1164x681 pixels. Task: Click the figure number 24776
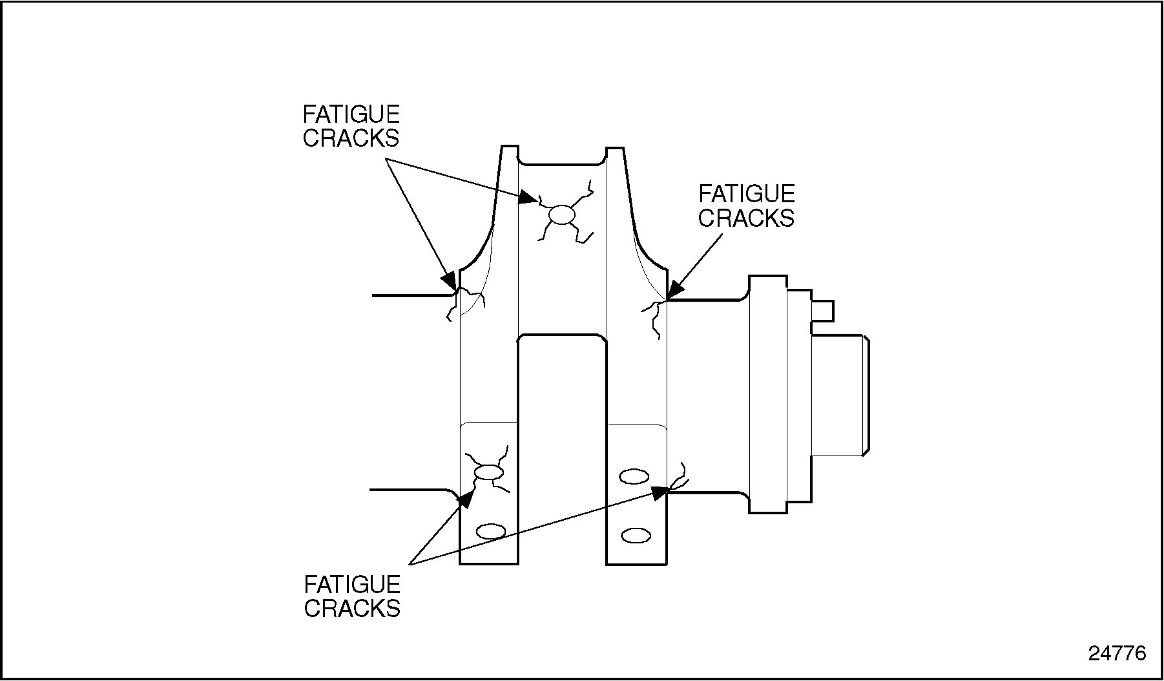pyautogui.click(x=1117, y=653)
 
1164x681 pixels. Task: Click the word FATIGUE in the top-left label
pyautogui.click(x=351, y=114)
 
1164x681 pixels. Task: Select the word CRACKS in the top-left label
pyautogui.click(x=351, y=138)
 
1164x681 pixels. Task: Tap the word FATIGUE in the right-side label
pyautogui.click(x=747, y=194)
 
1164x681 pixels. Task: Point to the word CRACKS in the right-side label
pyautogui.click(x=746, y=218)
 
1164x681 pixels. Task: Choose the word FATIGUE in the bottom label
pyautogui.click(x=353, y=585)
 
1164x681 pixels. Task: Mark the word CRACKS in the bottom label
pyautogui.click(x=353, y=609)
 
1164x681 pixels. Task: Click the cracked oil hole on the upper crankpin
pyautogui.click(x=562, y=215)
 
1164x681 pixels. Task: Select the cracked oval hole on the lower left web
pyautogui.click(x=488, y=473)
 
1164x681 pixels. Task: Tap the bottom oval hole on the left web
pyautogui.click(x=490, y=532)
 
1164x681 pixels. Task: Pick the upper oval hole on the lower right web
pyautogui.click(x=634, y=477)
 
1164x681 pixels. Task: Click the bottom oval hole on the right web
pyautogui.click(x=636, y=535)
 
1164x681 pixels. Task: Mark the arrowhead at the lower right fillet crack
pyautogui.click(x=658, y=493)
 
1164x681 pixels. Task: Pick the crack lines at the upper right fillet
pyautogui.click(x=654, y=317)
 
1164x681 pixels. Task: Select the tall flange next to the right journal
pyautogui.click(x=767, y=394)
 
